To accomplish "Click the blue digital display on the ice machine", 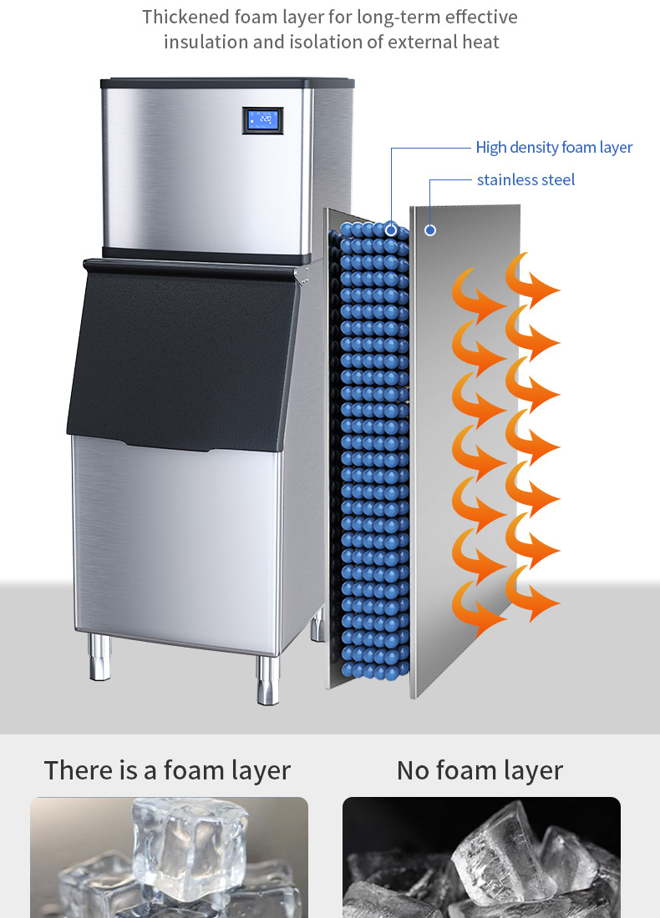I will click(262, 120).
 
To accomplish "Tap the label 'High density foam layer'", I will click(554, 148).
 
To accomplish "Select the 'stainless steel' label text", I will click(525, 179).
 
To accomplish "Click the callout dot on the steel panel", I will click(430, 229).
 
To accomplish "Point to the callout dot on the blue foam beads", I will click(391, 229).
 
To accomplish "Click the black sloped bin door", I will click(180, 359).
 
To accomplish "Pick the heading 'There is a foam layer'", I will click(167, 769).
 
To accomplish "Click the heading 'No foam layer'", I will click(480, 769).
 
